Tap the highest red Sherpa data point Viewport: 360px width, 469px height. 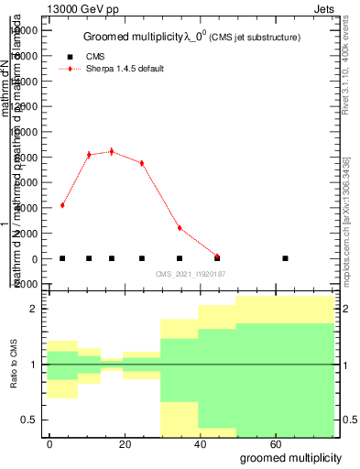112,151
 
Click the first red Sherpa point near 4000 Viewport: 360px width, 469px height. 62,205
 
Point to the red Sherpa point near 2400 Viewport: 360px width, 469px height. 180,228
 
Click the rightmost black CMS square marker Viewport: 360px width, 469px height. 286,258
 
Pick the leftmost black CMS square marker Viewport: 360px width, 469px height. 62,258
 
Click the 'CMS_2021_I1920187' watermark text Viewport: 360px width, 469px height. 191,274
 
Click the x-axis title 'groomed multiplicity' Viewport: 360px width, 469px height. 290,456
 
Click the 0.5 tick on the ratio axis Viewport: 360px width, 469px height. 32,420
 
